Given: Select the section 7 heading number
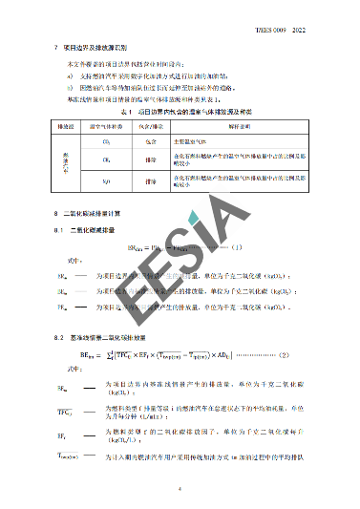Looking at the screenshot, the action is point(56,46).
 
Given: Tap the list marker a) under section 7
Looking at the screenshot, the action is point(70,74).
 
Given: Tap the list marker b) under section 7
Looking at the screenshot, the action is point(70,86).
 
